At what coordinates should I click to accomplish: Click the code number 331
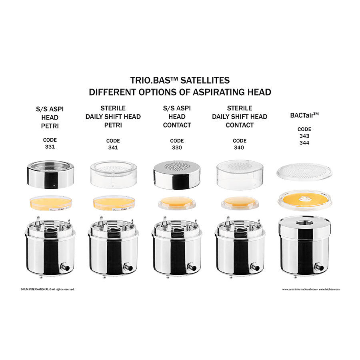pyautogui.click(x=50, y=147)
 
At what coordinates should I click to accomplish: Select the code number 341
pyautogui.click(x=113, y=147)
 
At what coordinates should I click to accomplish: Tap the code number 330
pyautogui.click(x=177, y=147)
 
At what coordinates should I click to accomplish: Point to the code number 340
pyautogui.click(x=239, y=147)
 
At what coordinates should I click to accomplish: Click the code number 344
pyautogui.click(x=304, y=143)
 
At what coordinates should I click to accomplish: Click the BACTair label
pyautogui.click(x=304, y=115)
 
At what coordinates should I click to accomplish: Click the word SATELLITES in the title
pyautogui.click(x=205, y=80)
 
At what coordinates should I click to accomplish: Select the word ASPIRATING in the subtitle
pyautogui.click(x=218, y=92)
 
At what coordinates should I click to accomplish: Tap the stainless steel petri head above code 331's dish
pyautogui.click(x=50, y=174)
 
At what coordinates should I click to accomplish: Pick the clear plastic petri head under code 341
pyautogui.click(x=114, y=174)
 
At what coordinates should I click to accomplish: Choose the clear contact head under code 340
pyautogui.click(x=240, y=175)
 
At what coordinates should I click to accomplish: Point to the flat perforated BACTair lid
pyautogui.click(x=304, y=172)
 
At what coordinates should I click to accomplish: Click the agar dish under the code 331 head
pyautogui.click(x=50, y=203)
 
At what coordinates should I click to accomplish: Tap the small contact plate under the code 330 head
pyautogui.click(x=176, y=203)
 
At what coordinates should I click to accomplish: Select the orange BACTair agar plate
pyautogui.click(x=305, y=199)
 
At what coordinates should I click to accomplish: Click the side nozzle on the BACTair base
pyautogui.click(x=319, y=267)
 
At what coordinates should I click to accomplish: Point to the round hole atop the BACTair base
pyautogui.click(x=304, y=222)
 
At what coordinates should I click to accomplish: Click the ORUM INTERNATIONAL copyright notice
pyautogui.click(x=48, y=289)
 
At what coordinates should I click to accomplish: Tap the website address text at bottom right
pyautogui.click(x=311, y=289)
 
